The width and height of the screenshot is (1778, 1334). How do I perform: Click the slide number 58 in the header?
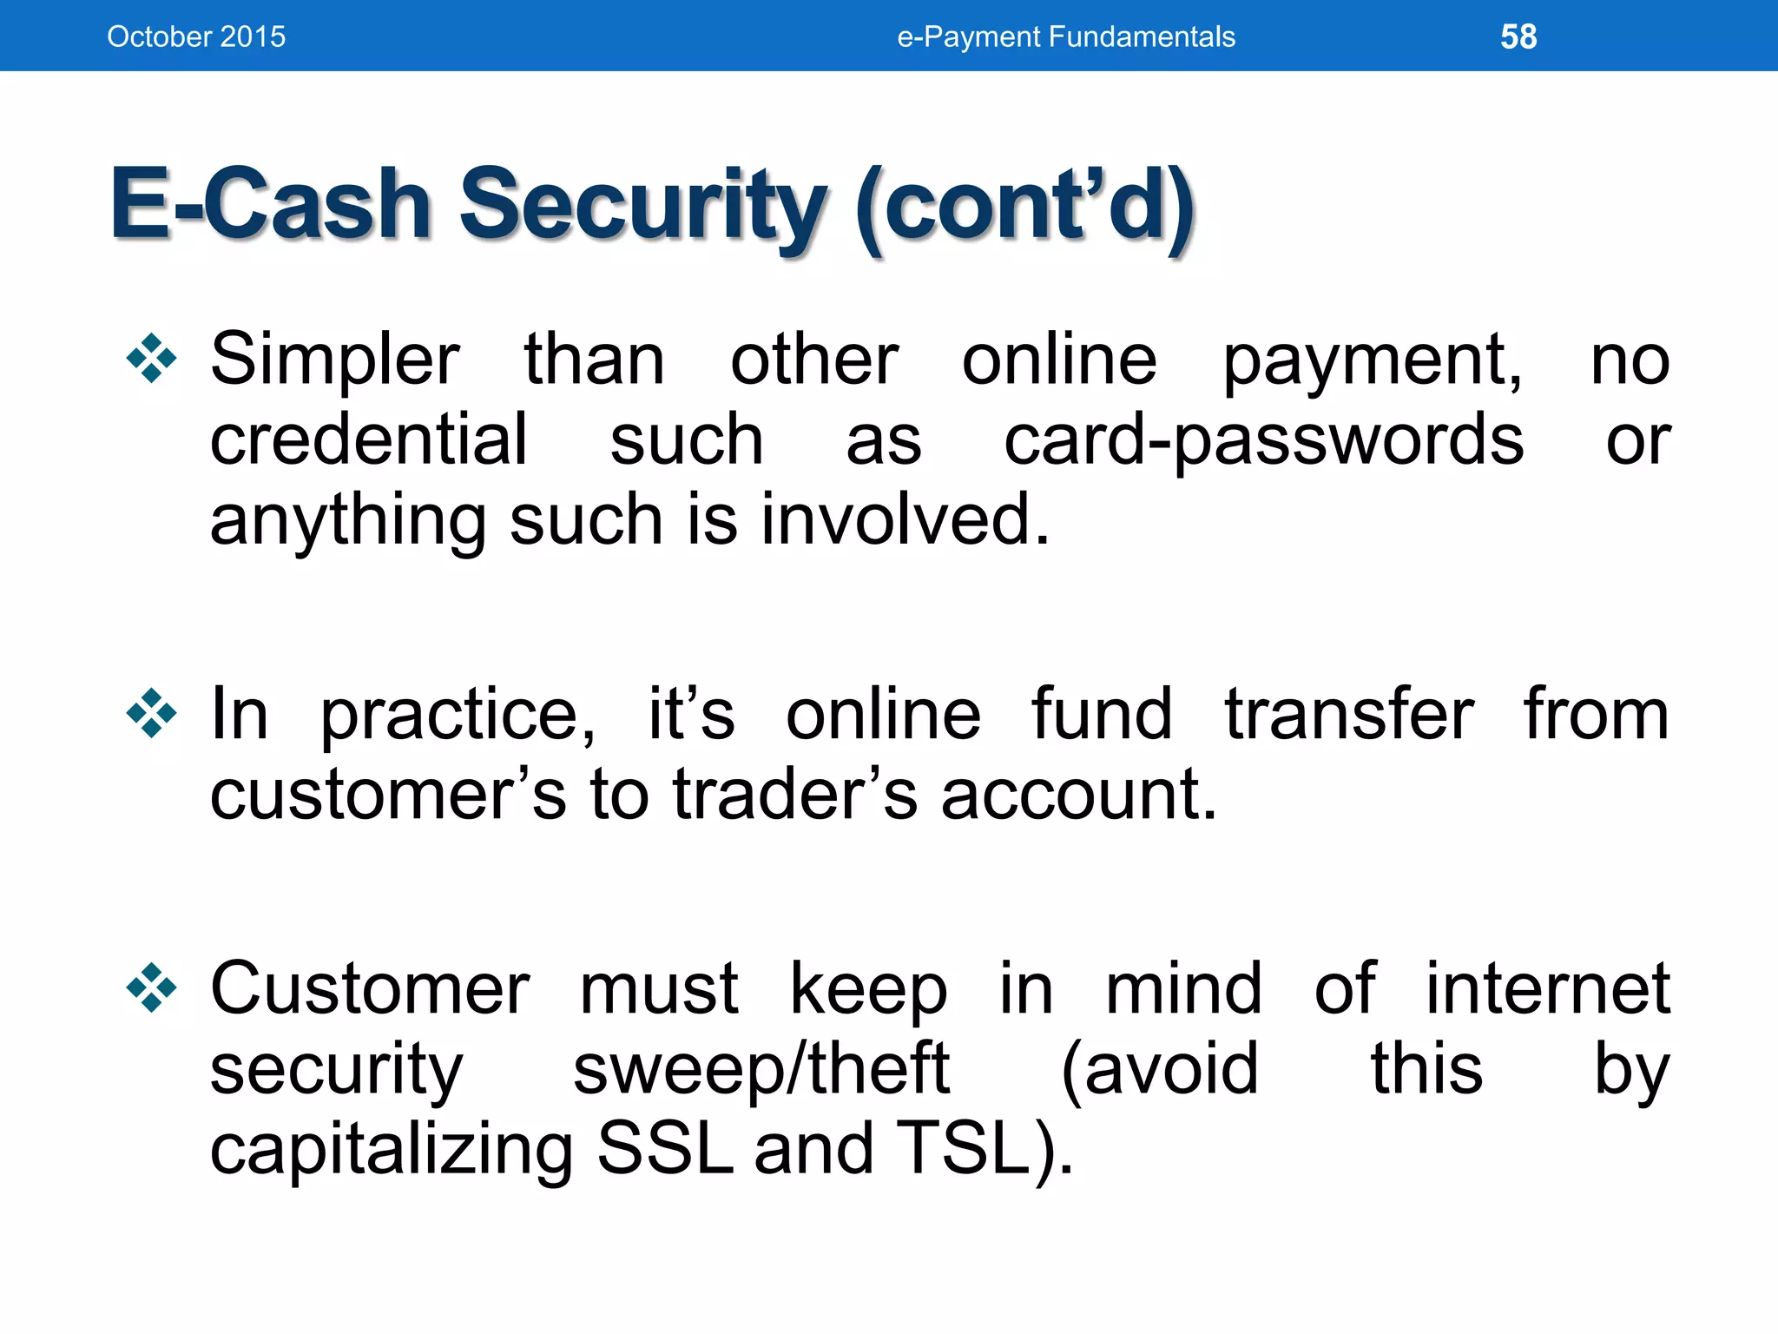[1518, 36]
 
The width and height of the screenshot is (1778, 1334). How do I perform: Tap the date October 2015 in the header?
[196, 36]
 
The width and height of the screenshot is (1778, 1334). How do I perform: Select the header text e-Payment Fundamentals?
[1065, 36]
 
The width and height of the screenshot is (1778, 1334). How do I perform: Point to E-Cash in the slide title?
[270, 205]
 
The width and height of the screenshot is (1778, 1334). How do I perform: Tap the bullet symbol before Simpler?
[151, 358]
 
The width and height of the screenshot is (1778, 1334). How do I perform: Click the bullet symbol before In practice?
[151, 713]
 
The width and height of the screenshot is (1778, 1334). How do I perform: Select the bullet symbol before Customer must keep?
[151, 987]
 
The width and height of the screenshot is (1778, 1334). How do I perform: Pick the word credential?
[368, 439]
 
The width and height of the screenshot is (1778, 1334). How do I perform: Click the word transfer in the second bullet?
[1348, 714]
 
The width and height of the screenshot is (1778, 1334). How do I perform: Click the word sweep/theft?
[761, 1068]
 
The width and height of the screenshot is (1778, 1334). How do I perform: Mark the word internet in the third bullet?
[1547, 988]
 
